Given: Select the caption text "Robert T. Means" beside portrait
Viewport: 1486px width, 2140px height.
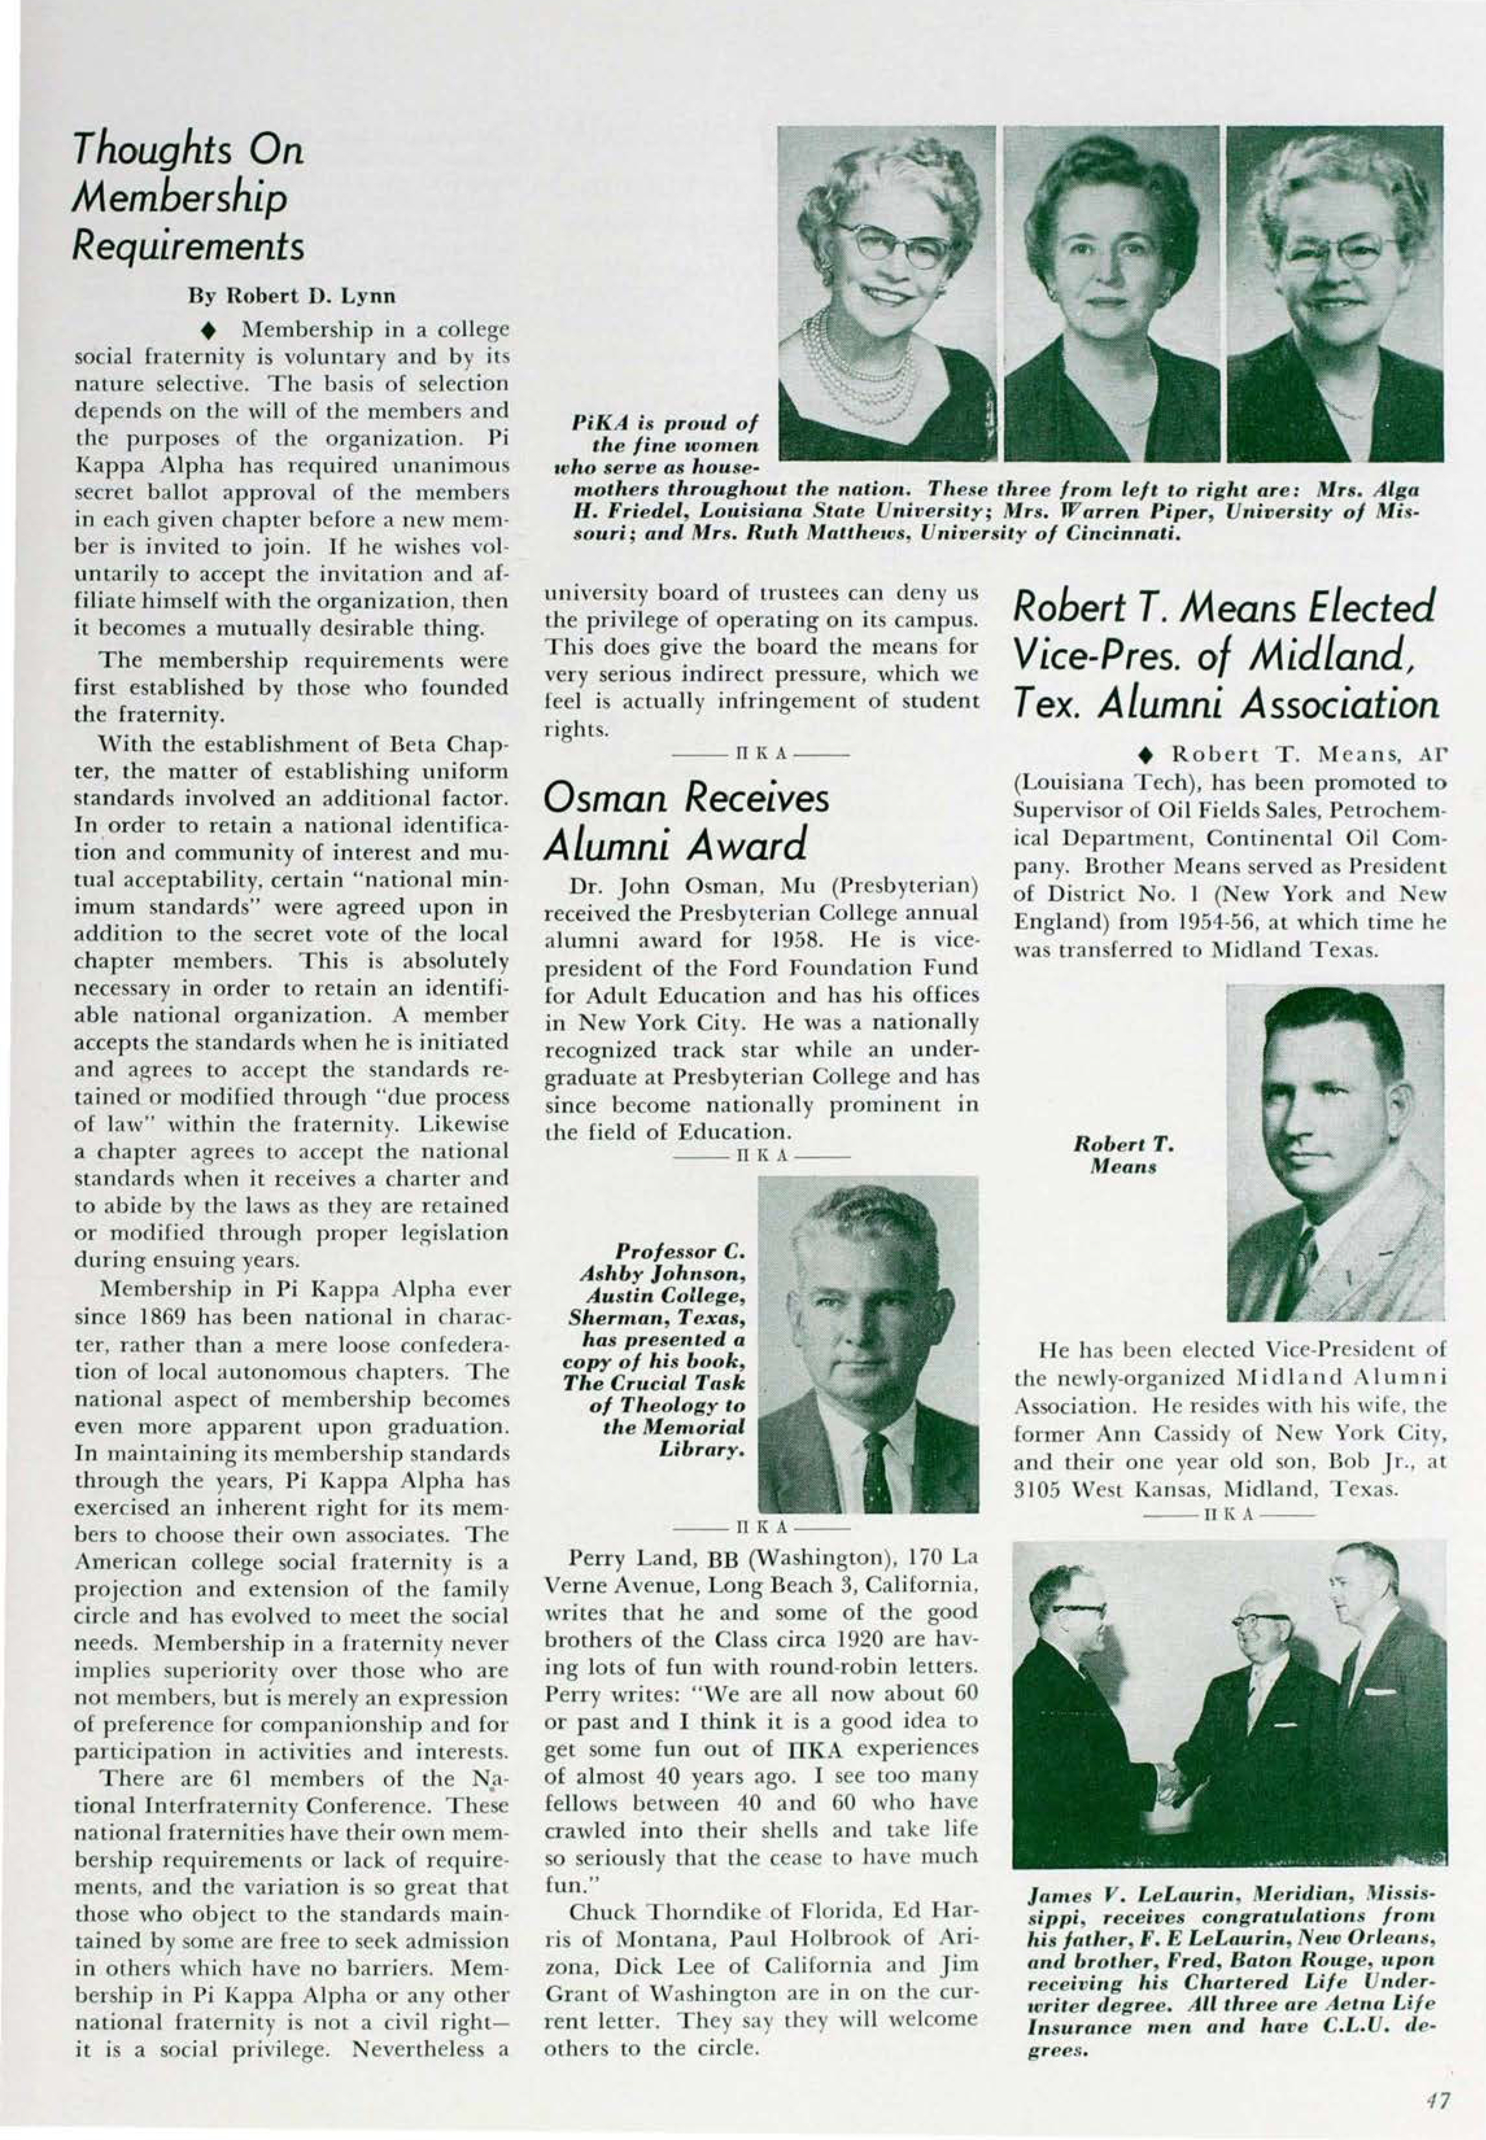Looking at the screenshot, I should [1123, 1155].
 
